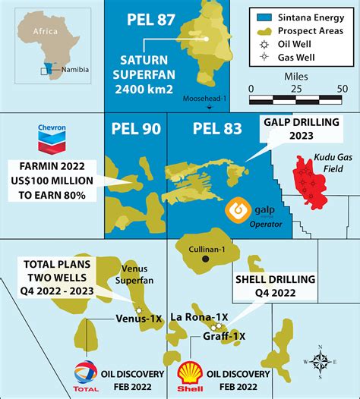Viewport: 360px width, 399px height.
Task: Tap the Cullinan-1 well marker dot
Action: point(204,260)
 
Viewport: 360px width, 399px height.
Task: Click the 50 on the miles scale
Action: point(342,88)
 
